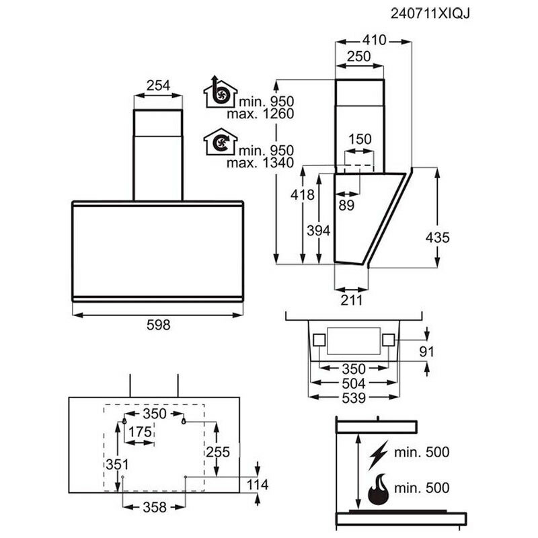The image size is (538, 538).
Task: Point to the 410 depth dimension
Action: tap(373, 40)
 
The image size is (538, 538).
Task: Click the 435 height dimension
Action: tap(437, 237)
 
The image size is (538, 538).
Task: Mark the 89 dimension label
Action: tap(346, 206)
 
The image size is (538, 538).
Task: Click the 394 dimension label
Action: tap(318, 231)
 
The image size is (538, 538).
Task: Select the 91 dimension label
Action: tap(426, 352)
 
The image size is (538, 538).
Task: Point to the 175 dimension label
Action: tap(140, 432)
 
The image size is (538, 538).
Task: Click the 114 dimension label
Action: tap(258, 485)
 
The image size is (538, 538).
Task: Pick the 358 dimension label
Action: tap(155, 507)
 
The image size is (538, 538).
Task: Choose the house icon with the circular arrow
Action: tap(217, 143)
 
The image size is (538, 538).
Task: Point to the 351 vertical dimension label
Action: tap(116, 465)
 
